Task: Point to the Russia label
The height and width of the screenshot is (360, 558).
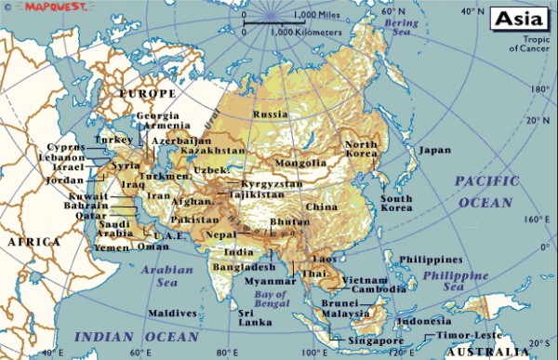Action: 271,113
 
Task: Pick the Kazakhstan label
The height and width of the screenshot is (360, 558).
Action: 212,150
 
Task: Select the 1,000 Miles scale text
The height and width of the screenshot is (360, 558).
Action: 316,16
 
